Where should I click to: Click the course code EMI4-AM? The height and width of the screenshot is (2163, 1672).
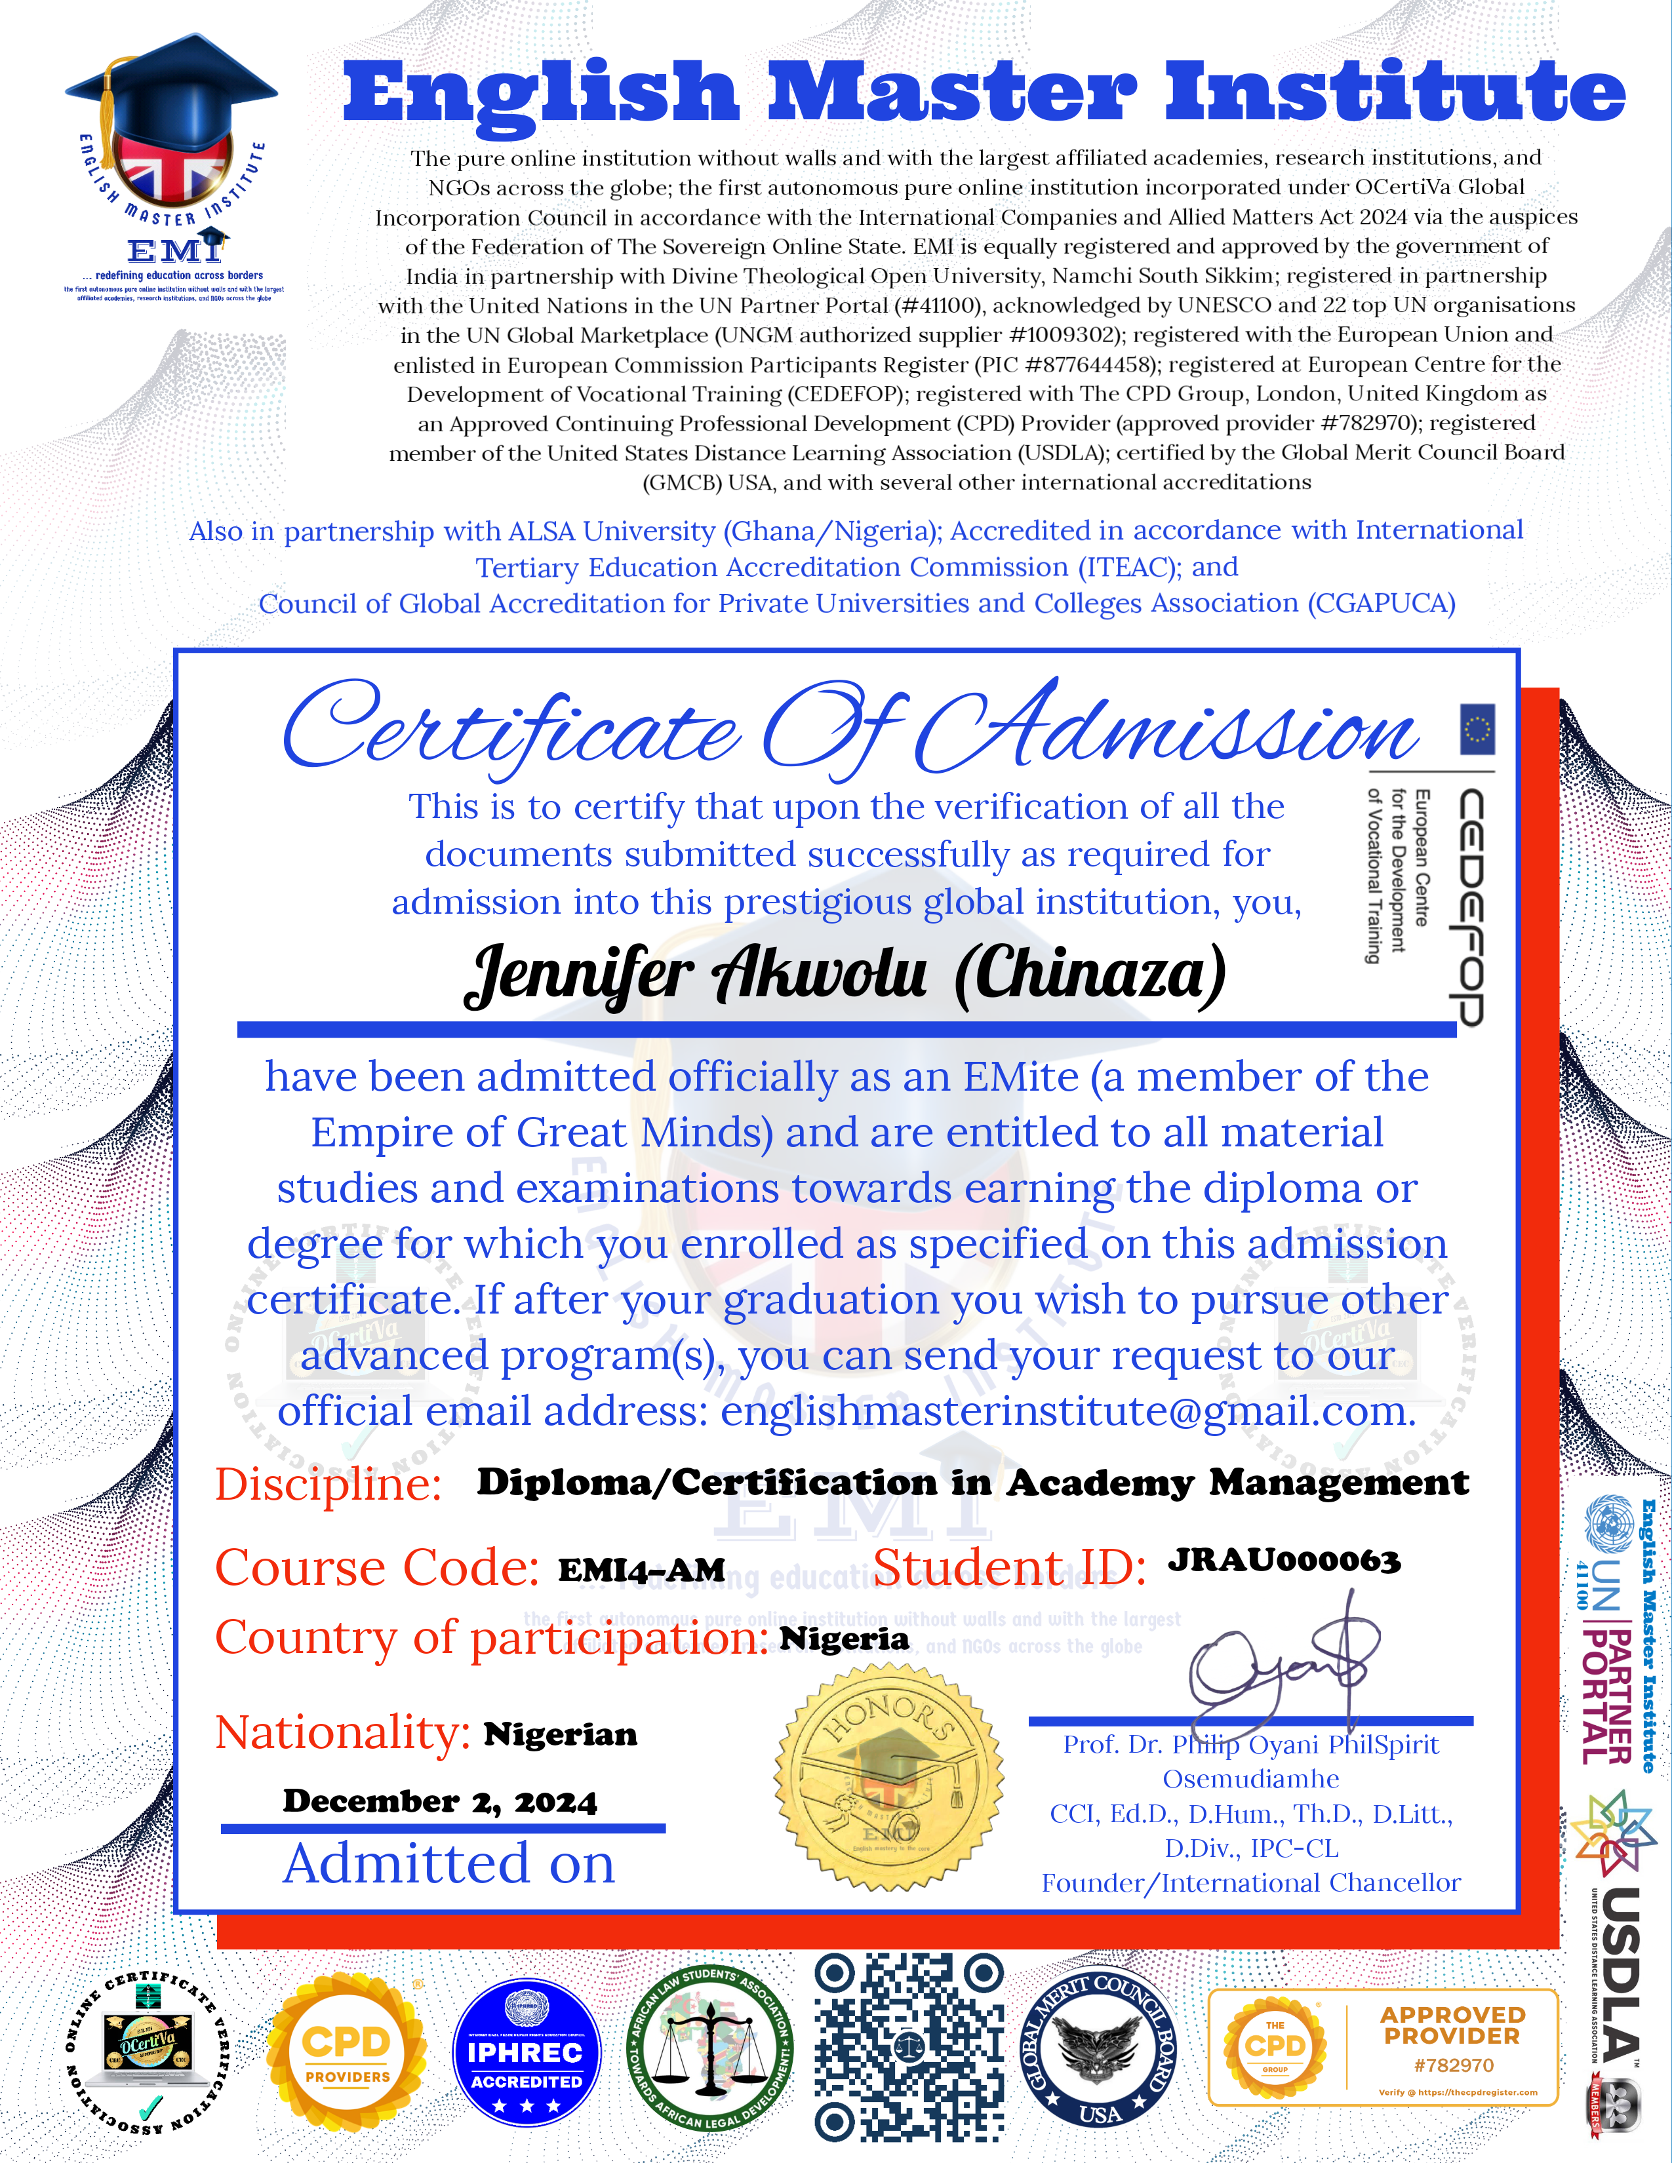(x=642, y=1570)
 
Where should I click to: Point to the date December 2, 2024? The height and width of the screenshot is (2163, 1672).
(x=440, y=1801)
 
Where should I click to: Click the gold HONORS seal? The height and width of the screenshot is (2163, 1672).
(x=888, y=1777)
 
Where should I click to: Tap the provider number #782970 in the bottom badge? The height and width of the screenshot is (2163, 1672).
(x=1452, y=2065)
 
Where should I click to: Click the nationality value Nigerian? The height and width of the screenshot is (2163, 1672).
(x=561, y=1734)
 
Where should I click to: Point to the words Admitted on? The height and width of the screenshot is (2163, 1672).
(x=448, y=1864)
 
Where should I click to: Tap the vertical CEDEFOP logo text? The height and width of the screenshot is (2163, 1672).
(x=1471, y=906)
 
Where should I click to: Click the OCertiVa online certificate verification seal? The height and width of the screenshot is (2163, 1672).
(x=147, y=2050)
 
